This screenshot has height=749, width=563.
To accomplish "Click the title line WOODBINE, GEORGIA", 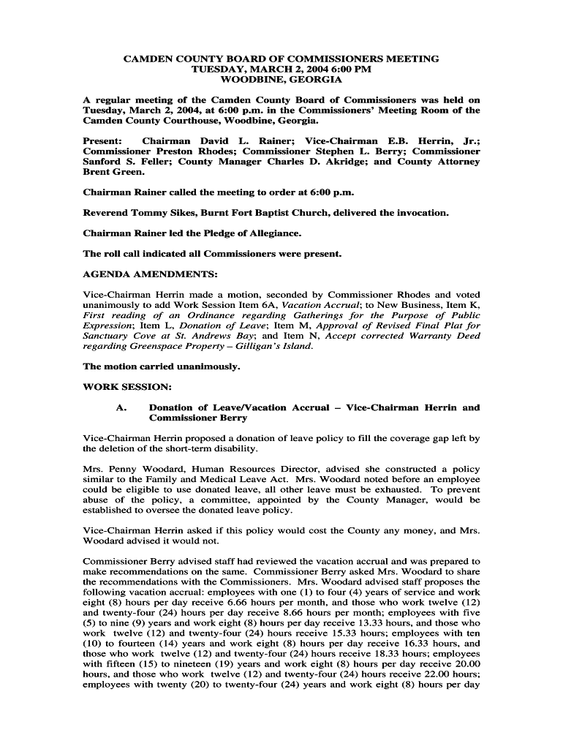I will [281, 79].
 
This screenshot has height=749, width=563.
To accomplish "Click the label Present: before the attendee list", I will [104, 140].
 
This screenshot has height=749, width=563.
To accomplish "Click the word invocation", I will [419, 213].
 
